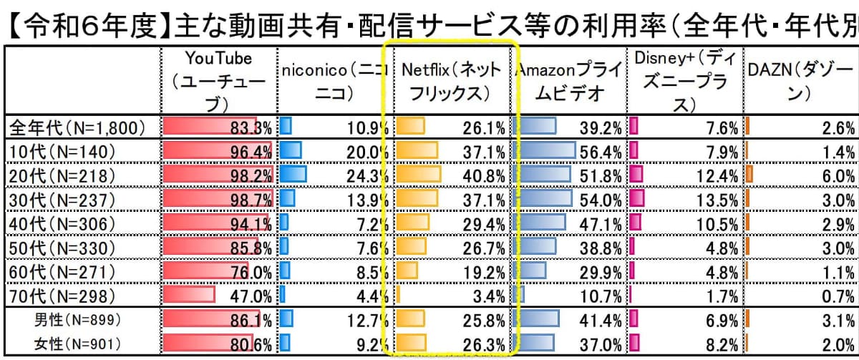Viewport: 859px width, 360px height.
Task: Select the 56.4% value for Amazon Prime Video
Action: click(601, 152)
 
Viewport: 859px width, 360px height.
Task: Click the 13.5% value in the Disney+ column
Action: click(716, 200)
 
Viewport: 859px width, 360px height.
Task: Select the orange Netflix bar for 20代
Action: click(419, 175)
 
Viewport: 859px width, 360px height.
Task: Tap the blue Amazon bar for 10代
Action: click(548, 152)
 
